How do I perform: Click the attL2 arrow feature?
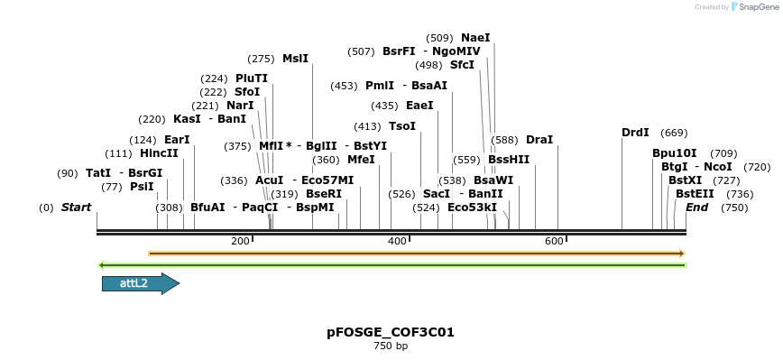pyautogui.click(x=140, y=283)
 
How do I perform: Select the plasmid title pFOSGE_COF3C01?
pyautogui.click(x=391, y=332)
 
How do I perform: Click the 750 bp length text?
pyautogui.click(x=391, y=346)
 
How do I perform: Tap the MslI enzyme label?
pyautogui.click(x=296, y=59)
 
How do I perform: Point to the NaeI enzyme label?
pyautogui.click(x=475, y=38)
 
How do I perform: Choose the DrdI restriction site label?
pyautogui.click(x=635, y=133)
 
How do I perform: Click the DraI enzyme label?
pyautogui.click(x=539, y=140)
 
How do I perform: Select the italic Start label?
pyautogui.click(x=77, y=208)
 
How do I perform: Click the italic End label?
pyautogui.click(x=696, y=208)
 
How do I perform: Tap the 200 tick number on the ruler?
pyautogui.click(x=240, y=241)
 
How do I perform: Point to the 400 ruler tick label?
pyautogui.click(x=397, y=241)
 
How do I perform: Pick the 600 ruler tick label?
pyautogui.click(x=554, y=241)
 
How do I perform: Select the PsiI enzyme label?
pyautogui.click(x=143, y=187)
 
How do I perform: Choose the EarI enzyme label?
pyautogui.click(x=177, y=140)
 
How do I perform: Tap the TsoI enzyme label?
pyautogui.click(x=402, y=126)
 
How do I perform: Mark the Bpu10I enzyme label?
pyautogui.click(x=675, y=153)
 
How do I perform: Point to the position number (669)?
pyautogui.click(x=674, y=133)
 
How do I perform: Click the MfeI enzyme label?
pyautogui.click(x=361, y=160)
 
